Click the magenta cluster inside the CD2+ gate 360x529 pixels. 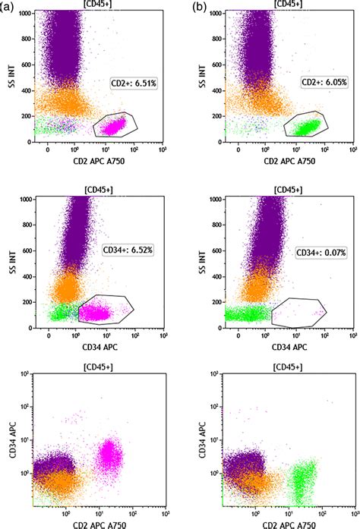(113, 124)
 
